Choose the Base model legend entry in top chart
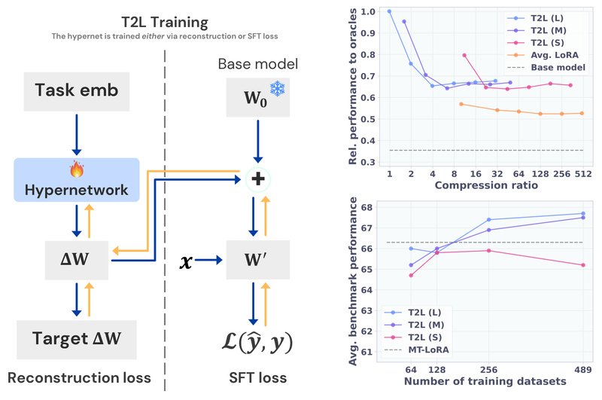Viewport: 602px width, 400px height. tap(556, 68)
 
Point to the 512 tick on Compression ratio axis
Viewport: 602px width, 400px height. tap(582, 174)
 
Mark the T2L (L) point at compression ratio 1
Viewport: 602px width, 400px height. tap(389, 11)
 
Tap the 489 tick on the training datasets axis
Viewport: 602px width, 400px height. tap(582, 371)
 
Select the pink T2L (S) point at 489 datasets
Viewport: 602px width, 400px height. tap(582, 265)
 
